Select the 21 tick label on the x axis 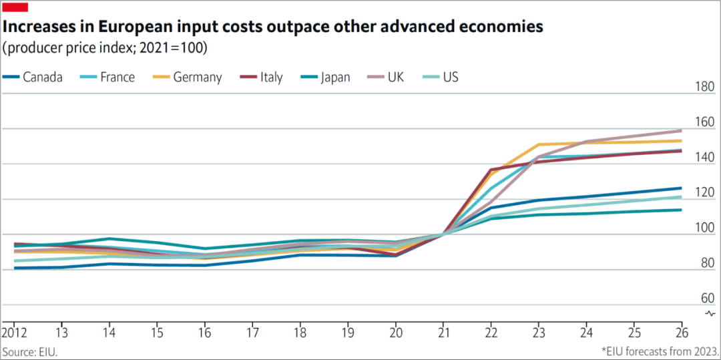[441, 333]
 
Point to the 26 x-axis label [681, 333]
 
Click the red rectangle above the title [16, 7]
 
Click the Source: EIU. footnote [29, 351]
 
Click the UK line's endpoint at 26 [681, 130]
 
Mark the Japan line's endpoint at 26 [681, 210]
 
